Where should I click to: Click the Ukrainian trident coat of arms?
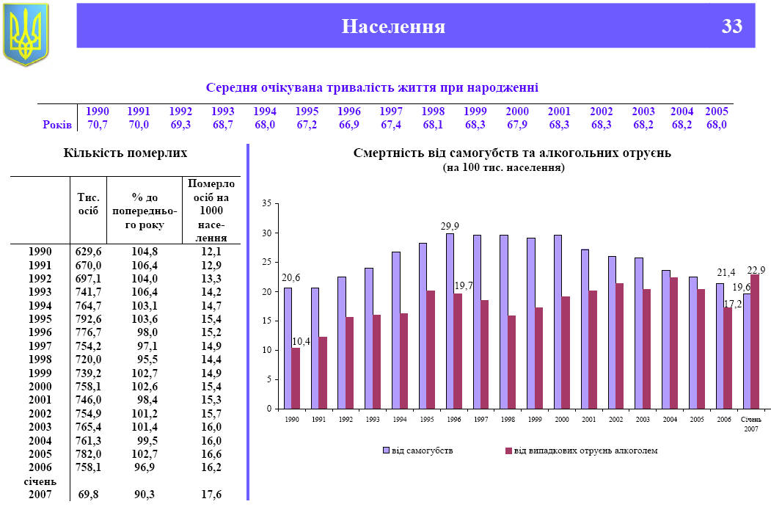pos(26,33)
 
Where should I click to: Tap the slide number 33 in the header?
pos(731,27)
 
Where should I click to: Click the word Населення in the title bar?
pos(393,27)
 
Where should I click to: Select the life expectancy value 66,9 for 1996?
pos(349,125)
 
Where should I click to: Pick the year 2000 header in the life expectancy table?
pos(517,112)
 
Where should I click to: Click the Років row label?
pos(56,125)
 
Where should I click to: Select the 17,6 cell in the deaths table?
pos(211,495)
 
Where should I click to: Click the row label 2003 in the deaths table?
pos(40,426)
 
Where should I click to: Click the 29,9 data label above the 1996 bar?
pos(450,227)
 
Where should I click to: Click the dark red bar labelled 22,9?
pos(755,341)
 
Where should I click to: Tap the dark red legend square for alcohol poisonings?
pos(508,451)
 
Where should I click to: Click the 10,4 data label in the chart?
pos(302,341)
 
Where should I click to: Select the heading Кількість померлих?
pos(125,153)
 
